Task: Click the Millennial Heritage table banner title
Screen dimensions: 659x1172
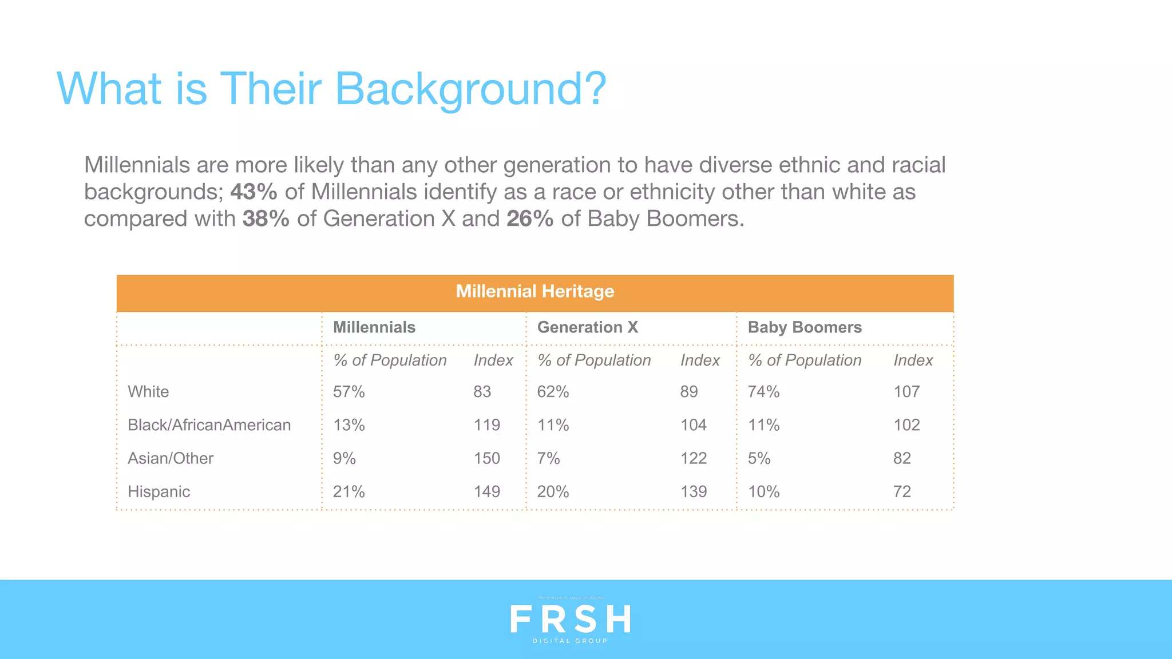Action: click(x=534, y=292)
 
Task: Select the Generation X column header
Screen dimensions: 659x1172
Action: click(x=587, y=327)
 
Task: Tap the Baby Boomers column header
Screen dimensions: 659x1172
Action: click(x=804, y=327)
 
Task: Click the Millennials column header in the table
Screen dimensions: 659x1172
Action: click(x=374, y=327)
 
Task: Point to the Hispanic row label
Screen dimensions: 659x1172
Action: click(x=159, y=491)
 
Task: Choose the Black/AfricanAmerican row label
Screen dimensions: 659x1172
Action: click(x=209, y=425)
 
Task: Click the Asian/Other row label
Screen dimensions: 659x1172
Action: click(x=170, y=458)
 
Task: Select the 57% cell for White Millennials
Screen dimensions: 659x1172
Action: click(x=349, y=392)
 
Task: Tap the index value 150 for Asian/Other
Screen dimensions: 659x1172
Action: click(x=486, y=458)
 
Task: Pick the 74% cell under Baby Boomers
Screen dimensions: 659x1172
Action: click(x=763, y=392)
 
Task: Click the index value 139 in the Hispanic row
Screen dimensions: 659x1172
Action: click(x=694, y=491)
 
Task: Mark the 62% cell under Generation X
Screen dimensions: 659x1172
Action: click(x=553, y=392)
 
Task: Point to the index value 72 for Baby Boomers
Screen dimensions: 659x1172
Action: click(x=902, y=491)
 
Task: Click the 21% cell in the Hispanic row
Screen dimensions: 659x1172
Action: click(x=349, y=491)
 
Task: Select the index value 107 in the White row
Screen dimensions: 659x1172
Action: click(x=906, y=392)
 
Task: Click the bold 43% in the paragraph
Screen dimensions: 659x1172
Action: click(x=254, y=192)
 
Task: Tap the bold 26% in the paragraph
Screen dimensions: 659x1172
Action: click(x=529, y=219)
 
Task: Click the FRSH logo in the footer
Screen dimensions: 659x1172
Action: click(x=570, y=620)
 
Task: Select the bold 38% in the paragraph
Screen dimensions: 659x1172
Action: click(x=266, y=219)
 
